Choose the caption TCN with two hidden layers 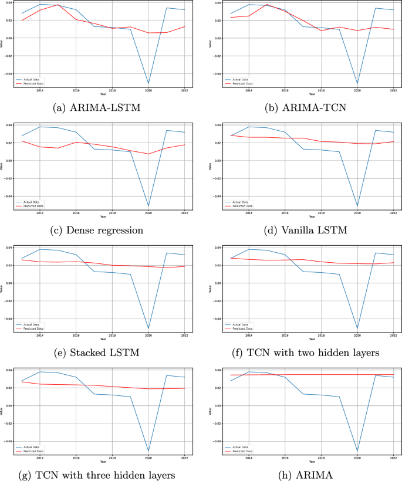(302, 352)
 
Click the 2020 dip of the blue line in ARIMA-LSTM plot (147, 83)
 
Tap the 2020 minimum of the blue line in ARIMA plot (356, 451)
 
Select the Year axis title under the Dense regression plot (103, 217)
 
